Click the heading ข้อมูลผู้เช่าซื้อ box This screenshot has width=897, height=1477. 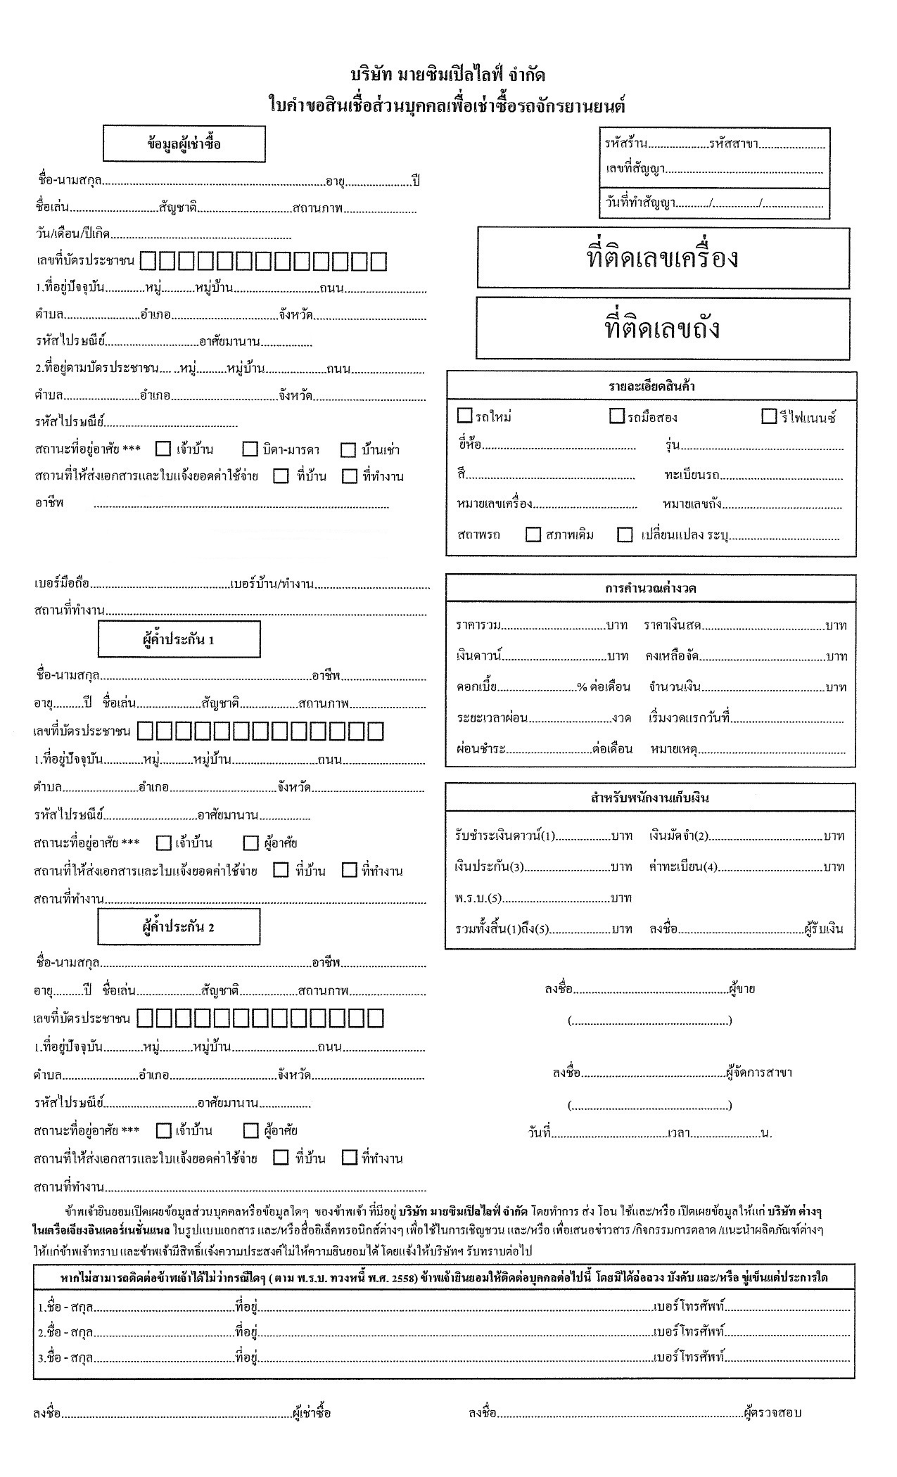coord(184,144)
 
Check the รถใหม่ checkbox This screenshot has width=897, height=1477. coord(464,416)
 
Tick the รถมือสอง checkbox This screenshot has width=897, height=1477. coord(617,416)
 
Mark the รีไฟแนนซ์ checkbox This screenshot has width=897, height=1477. coord(769,416)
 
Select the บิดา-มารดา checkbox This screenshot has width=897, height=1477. coord(250,449)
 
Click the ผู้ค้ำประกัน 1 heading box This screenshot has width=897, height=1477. coord(179,639)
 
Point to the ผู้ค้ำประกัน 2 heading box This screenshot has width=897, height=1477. coord(179,926)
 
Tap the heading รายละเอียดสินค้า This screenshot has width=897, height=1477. coord(651,386)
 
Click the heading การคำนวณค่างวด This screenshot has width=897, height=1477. coord(651,588)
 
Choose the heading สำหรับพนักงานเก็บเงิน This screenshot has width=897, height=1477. coord(650,798)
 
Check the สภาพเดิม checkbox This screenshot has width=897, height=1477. coord(533,535)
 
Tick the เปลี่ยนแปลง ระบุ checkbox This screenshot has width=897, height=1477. coord(625,535)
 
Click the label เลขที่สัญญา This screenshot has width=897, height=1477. coord(635,169)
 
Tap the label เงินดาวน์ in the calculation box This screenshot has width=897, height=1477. coord(478,656)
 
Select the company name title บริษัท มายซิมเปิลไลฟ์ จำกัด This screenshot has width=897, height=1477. coord(447,75)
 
